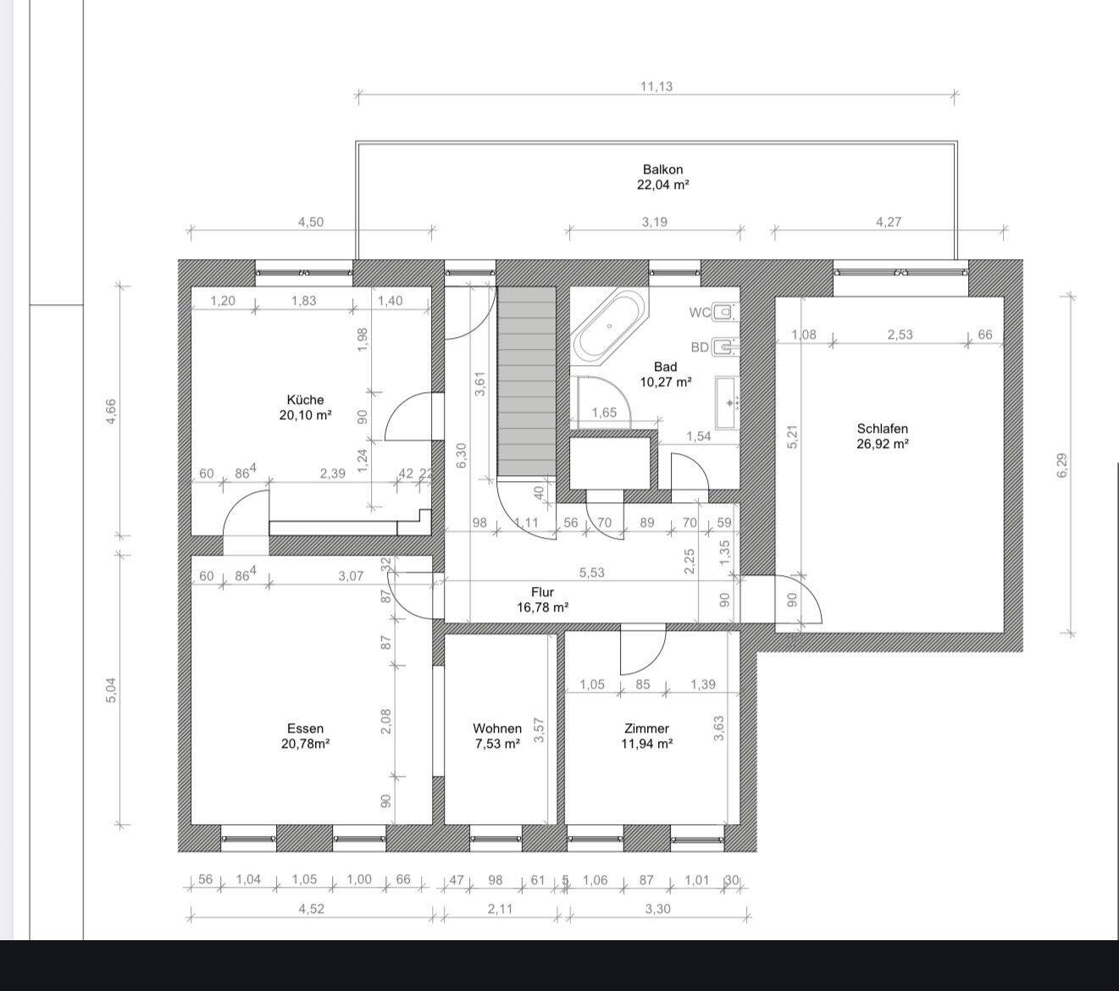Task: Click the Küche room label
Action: click(305, 400)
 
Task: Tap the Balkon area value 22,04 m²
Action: click(662, 185)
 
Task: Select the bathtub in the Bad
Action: click(609, 326)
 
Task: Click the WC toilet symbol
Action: click(724, 313)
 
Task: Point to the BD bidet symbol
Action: click(724, 347)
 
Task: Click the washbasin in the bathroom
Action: click(727, 402)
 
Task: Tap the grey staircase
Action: click(527, 380)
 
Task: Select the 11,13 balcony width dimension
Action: click(656, 86)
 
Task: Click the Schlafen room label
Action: click(883, 429)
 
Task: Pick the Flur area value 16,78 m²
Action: click(543, 607)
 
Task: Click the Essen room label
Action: click(306, 728)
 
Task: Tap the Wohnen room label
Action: click(497, 728)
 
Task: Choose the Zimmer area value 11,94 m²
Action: click(647, 744)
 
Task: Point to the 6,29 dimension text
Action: click(1062, 465)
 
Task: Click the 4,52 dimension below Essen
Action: click(312, 909)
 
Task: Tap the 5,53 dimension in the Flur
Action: click(591, 573)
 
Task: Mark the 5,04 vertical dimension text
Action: click(111, 690)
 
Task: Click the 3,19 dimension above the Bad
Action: click(655, 222)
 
